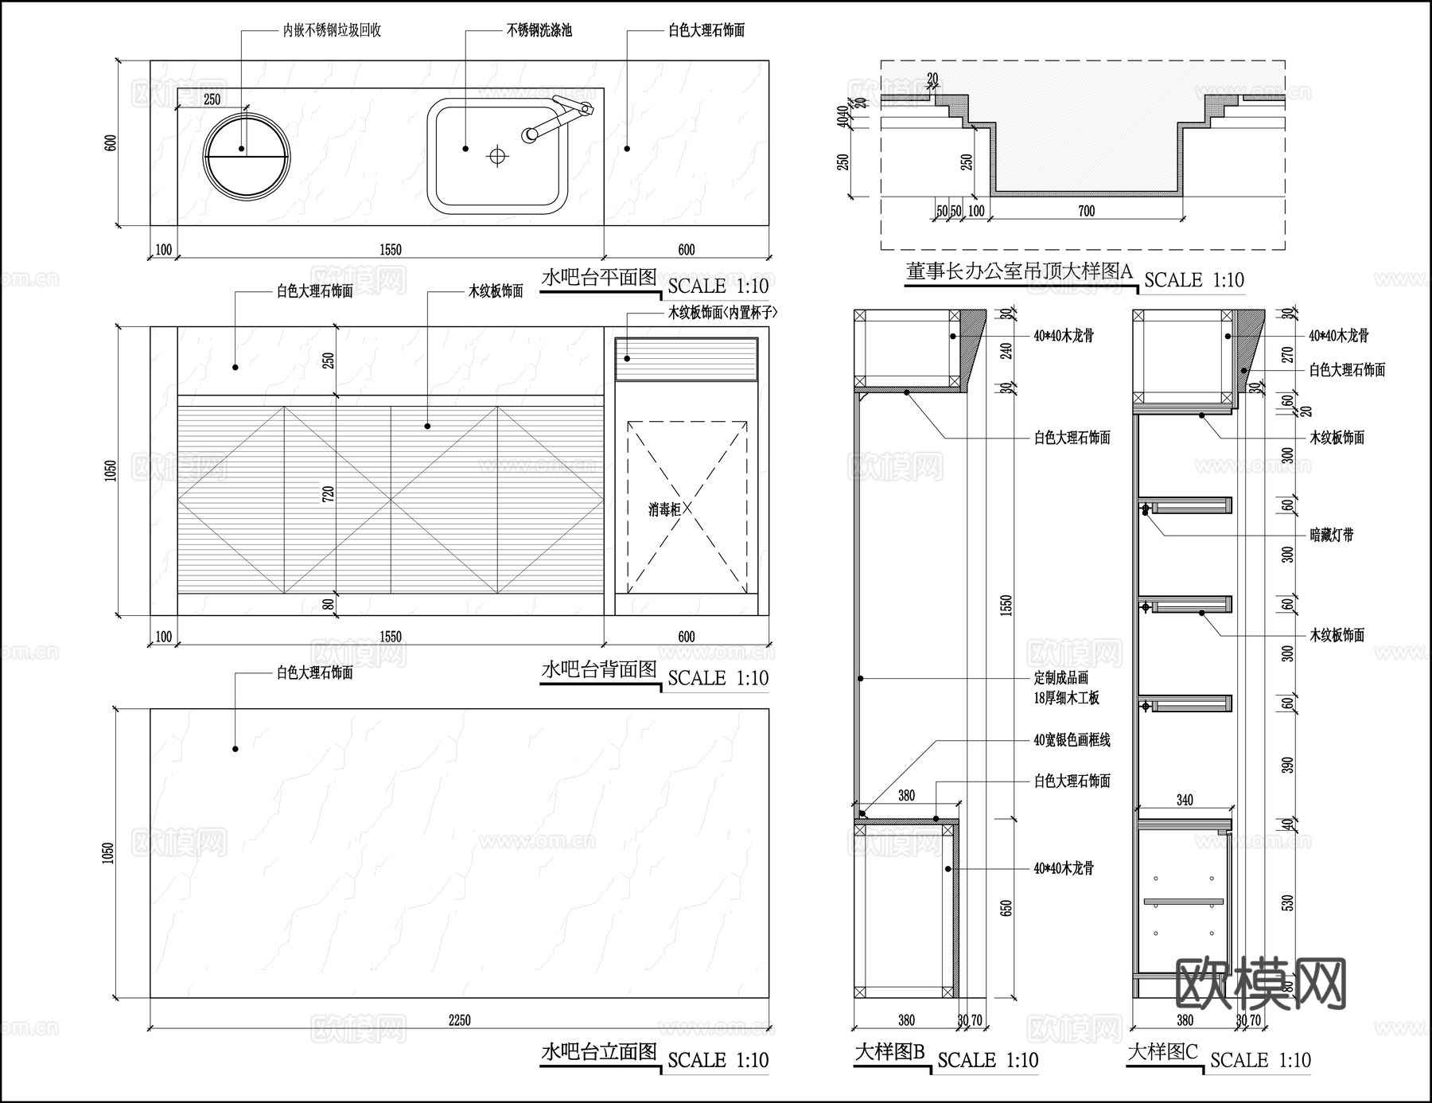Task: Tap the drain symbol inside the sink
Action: pyautogui.click(x=497, y=156)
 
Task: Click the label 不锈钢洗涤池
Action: pyautogui.click(x=539, y=31)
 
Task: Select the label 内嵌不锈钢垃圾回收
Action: pyautogui.click(x=332, y=31)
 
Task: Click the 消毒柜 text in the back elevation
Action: pyautogui.click(x=664, y=509)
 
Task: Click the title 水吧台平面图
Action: pyautogui.click(x=599, y=278)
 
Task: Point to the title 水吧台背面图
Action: pyautogui.click(x=599, y=669)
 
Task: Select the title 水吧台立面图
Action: pyautogui.click(x=599, y=1052)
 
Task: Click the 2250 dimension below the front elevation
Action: pyautogui.click(x=459, y=1020)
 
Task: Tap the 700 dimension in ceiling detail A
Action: pyautogui.click(x=1086, y=211)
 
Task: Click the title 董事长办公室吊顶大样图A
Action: pyautogui.click(x=1019, y=272)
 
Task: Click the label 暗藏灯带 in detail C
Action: pyautogui.click(x=1332, y=536)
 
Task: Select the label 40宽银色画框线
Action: pyautogui.click(x=1072, y=740)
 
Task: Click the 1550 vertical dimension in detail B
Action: pyautogui.click(x=1006, y=605)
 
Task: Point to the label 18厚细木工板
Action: pyautogui.click(x=1066, y=698)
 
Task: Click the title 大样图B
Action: pyautogui.click(x=889, y=1052)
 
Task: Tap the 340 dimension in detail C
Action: pyautogui.click(x=1185, y=801)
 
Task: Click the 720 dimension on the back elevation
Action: pyautogui.click(x=329, y=493)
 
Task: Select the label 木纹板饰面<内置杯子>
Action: pyautogui.click(x=722, y=313)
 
